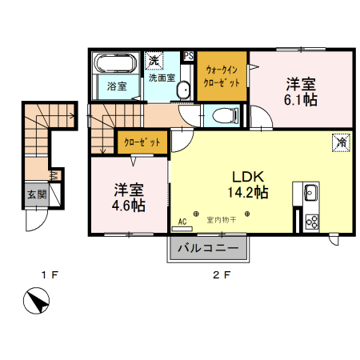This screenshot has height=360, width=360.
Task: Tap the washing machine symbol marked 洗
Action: click(154, 60)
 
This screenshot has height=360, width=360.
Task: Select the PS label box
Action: click(189, 55)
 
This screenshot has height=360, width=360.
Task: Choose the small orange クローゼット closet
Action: click(141, 142)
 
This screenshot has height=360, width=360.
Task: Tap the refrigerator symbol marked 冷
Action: click(342, 142)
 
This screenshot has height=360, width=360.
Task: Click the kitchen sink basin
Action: click(310, 192)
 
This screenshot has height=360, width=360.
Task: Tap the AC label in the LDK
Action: click(182, 221)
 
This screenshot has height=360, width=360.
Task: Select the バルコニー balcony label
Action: click(206, 249)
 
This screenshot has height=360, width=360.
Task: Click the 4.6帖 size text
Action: click(129, 206)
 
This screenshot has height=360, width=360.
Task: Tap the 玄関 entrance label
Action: click(36, 194)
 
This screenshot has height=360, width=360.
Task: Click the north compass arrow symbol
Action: click(36, 305)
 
